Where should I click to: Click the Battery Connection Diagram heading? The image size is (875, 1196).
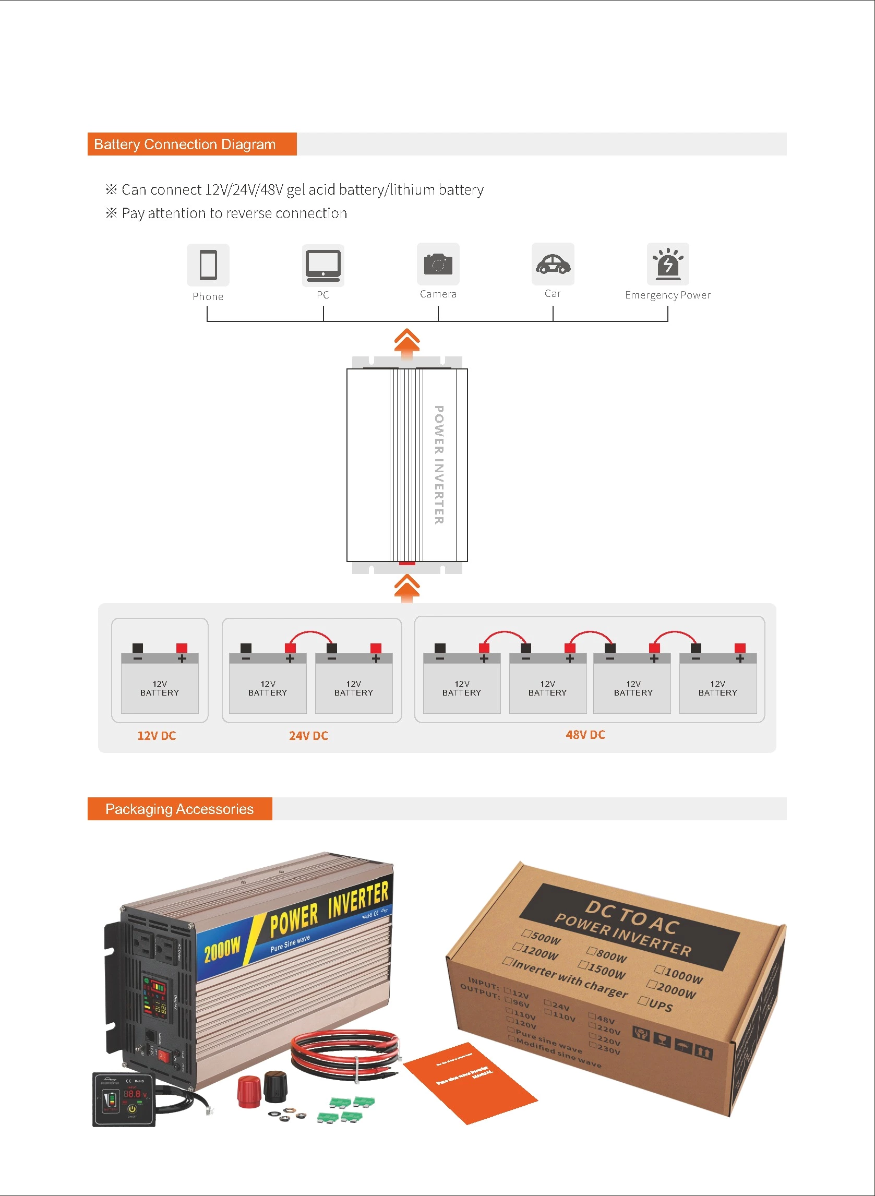pos(184,144)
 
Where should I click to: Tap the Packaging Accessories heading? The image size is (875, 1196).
pos(179,809)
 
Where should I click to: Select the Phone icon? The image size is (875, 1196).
pos(208,265)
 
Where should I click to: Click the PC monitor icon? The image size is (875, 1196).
pos(322,265)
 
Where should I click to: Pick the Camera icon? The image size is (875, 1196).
pos(438,264)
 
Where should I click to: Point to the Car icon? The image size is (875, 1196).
pos(553,263)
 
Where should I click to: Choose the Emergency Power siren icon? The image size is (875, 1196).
pos(667,263)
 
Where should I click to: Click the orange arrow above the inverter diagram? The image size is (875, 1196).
pos(407,341)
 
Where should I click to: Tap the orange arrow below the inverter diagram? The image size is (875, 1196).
pos(407,589)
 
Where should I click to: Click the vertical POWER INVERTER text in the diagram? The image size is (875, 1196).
pos(439,464)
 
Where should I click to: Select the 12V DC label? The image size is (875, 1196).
pos(156,735)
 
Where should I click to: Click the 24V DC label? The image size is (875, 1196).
pos(308,735)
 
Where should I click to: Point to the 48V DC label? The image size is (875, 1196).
pos(585,734)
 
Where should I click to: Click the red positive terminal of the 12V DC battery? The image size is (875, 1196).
pos(182,648)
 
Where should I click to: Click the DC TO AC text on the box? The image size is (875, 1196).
pos(631,916)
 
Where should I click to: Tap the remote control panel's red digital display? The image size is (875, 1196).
pos(133,1093)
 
